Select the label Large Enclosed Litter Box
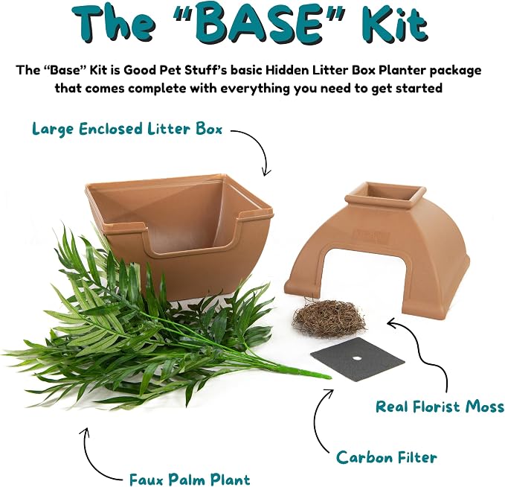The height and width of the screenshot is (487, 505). point(127,129)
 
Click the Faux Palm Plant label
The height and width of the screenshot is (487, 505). point(190,479)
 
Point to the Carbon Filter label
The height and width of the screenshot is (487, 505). point(387,457)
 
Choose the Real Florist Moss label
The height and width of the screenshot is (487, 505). point(440,407)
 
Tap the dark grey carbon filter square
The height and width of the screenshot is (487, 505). point(358,359)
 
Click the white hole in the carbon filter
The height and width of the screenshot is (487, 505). point(356,358)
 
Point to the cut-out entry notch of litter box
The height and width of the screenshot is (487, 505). point(190,239)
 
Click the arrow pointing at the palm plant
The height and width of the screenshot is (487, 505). point(91,458)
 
